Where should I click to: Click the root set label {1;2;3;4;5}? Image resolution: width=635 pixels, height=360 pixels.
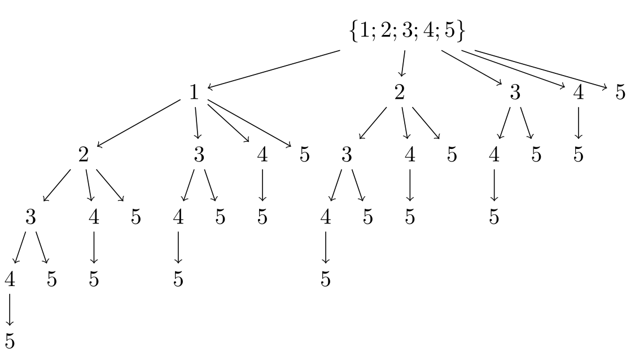pyautogui.click(x=407, y=32)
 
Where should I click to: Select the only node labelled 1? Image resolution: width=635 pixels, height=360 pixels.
pyautogui.click(x=194, y=93)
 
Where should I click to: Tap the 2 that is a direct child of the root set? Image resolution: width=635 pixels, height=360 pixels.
pyautogui.click(x=400, y=93)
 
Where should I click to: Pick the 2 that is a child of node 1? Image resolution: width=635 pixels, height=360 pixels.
pyautogui.click(x=84, y=155)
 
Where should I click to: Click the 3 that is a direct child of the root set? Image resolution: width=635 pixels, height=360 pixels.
pyautogui.click(x=515, y=93)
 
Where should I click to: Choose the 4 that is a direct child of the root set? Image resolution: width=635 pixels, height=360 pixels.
pyautogui.click(x=578, y=93)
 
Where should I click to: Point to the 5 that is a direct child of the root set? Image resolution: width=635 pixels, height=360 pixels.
pyautogui.click(x=620, y=93)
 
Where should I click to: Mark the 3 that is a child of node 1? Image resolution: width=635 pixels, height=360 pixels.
pyautogui.click(x=199, y=155)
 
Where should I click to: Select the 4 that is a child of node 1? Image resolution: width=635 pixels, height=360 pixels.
pyautogui.click(x=262, y=155)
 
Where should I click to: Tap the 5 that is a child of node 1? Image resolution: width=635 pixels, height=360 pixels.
pyautogui.click(x=305, y=155)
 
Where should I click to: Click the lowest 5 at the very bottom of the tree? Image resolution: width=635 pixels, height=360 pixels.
pyautogui.click(x=10, y=341)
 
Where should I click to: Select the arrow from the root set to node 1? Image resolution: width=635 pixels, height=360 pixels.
pyautogui.click(x=274, y=69)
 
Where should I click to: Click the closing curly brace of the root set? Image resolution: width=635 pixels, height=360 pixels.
pyautogui.click(x=461, y=32)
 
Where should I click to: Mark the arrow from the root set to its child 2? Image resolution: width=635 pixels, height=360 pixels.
pyautogui.click(x=402, y=63)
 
